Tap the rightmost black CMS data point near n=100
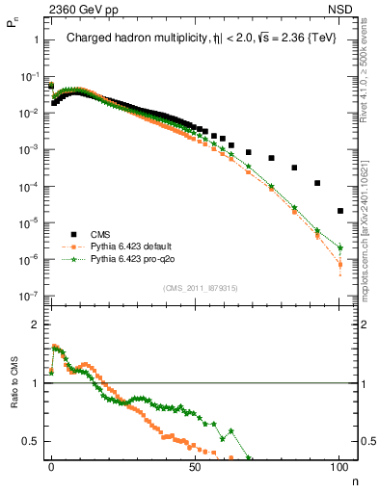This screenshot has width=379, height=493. click(339, 211)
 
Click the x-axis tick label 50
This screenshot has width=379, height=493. click(196, 465)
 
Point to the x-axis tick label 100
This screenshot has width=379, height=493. click(339, 465)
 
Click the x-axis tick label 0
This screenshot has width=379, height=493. click(51, 465)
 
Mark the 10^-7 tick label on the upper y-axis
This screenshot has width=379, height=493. click(29, 297)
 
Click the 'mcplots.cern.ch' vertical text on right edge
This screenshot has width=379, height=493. click(370, 241)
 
